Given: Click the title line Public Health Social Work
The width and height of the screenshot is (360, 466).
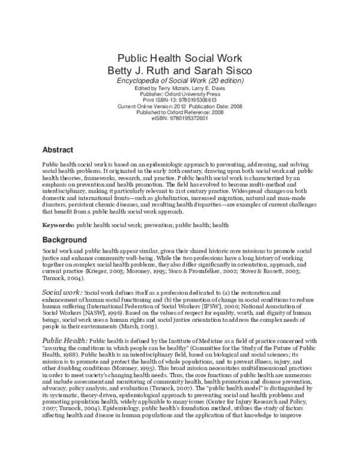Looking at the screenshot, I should click(179, 58).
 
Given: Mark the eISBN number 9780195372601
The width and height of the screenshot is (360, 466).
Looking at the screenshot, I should click(189, 118).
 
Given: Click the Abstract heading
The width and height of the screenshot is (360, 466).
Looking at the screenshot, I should click(58, 150).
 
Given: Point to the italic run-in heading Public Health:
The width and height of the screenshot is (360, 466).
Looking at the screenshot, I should click(64, 340).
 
